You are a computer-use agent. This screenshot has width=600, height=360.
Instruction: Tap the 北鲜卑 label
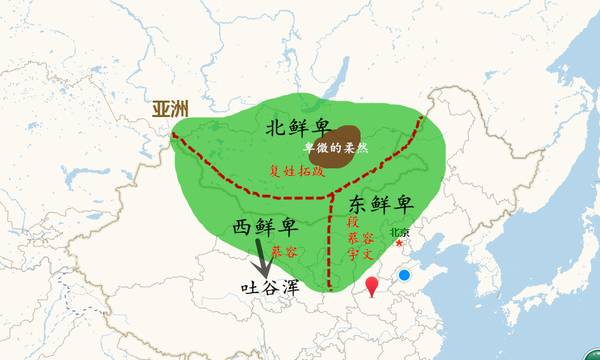[300, 127]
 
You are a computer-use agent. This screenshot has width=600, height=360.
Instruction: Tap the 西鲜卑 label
[264, 228]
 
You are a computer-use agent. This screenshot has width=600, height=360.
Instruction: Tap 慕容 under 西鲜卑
[283, 252]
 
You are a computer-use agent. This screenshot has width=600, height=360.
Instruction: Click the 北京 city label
[412, 229]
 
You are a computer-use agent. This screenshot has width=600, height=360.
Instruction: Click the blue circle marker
[404, 274]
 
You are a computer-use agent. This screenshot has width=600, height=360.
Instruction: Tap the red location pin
[373, 287]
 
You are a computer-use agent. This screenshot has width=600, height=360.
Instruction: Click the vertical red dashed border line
[331, 240]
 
